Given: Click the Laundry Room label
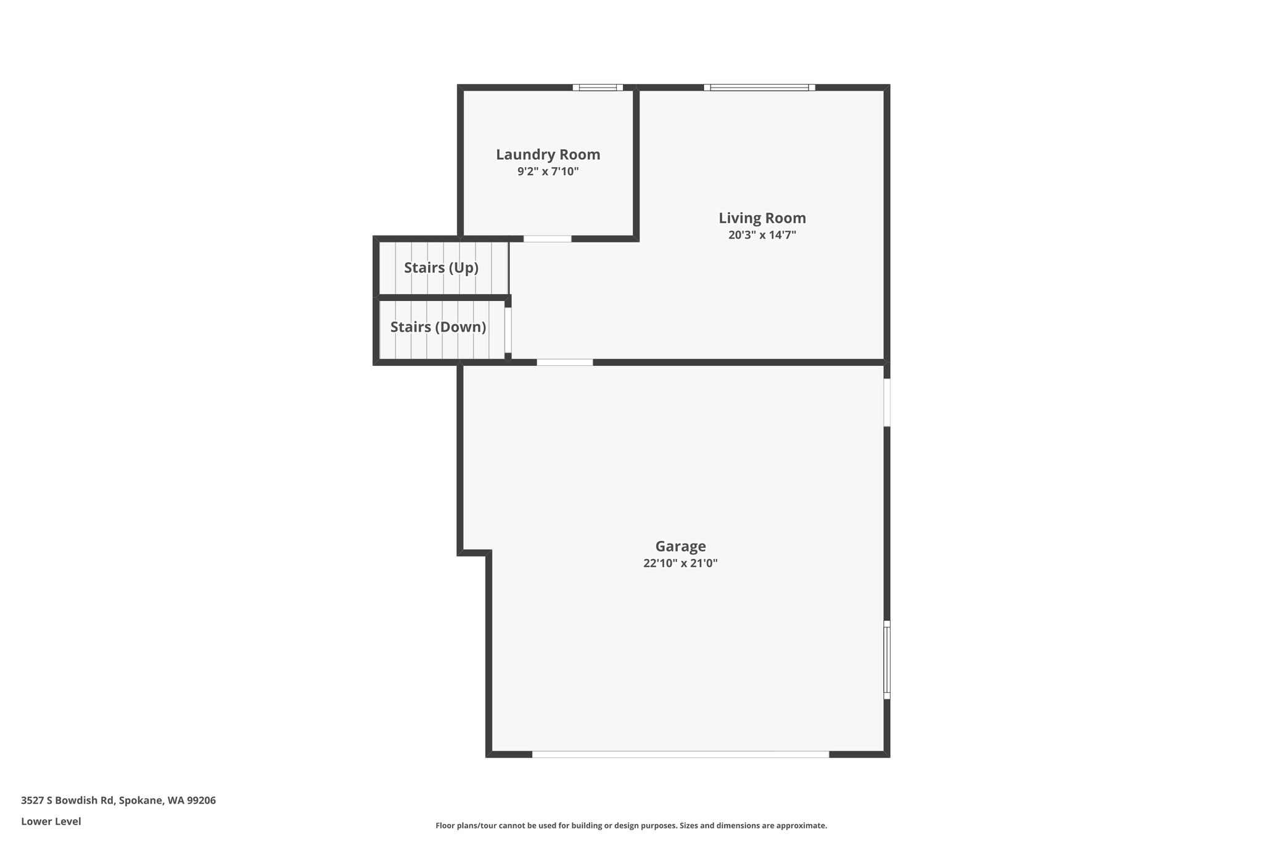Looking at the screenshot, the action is click(x=548, y=155).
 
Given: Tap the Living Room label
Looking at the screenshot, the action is click(x=762, y=218).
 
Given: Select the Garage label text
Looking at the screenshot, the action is click(x=680, y=547).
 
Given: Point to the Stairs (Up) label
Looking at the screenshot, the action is click(x=441, y=268).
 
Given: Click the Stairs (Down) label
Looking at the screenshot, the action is click(x=438, y=327).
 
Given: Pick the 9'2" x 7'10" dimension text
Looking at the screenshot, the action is click(x=548, y=171).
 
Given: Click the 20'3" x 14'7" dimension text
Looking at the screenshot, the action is click(x=762, y=235).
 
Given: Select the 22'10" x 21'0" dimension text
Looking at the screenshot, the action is click(x=680, y=563).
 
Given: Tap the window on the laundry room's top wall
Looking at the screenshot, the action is click(x=598, y=88).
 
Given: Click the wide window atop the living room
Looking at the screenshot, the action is click(x=759, y=88).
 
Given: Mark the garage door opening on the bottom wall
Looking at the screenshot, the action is click(x=680, y=754).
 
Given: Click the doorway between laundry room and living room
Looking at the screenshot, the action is click(x=548, y=239).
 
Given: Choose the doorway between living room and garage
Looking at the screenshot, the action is click(x=565, y=362).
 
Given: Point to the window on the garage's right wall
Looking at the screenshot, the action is click(x=887, y=659).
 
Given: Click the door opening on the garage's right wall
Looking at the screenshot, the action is click(x=887, y=402).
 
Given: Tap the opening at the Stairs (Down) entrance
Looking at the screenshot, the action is click(x=508, y=330).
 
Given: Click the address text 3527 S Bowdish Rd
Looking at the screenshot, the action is click(x=67, y=800).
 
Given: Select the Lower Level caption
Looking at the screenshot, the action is click(x=51, y=821).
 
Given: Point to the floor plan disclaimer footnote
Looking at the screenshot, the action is click(x=631, y=825).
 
